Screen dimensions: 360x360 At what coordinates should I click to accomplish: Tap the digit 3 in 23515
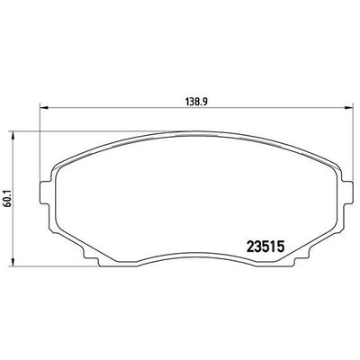pos(258,244)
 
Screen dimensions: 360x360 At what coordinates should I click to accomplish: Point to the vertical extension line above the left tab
pos(39,126)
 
